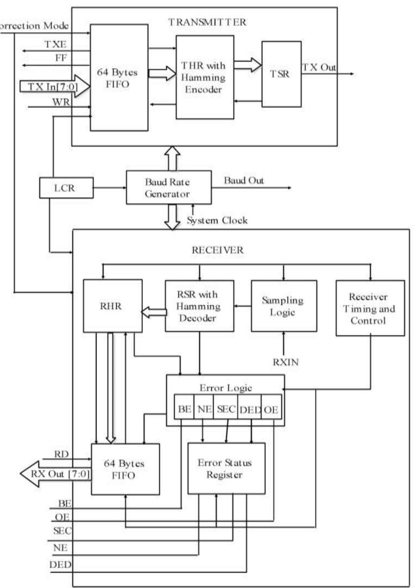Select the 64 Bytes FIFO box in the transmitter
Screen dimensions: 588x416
119,77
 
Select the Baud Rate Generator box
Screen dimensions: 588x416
169,187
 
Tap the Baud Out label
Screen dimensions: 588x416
244,181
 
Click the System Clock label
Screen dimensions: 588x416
217,220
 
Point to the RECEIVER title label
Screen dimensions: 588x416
216,250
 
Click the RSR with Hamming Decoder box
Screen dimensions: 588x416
199,305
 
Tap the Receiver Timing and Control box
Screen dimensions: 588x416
370,308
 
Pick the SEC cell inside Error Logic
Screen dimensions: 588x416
227,410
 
